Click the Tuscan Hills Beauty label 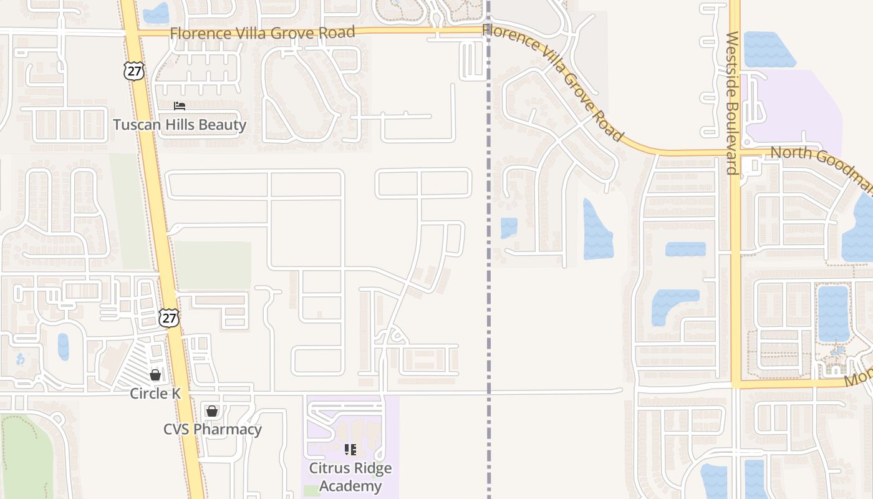(180, 125)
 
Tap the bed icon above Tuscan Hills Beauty (180, 106)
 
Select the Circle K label (155, 394)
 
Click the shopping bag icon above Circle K (155, 375)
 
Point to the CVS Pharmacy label (213, 429)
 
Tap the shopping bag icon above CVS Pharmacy (212, 411)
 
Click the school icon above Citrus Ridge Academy (350, 449)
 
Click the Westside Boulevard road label (732, 103)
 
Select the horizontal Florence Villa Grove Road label (263, 32)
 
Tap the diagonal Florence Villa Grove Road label (553, 81)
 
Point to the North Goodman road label (820, 165)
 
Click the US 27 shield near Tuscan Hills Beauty (133, 70)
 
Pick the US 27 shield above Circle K (168, 317)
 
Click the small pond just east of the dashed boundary (509, 228)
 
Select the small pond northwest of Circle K (63, 347)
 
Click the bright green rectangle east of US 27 (212, 265)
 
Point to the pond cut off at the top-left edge (156, 12)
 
